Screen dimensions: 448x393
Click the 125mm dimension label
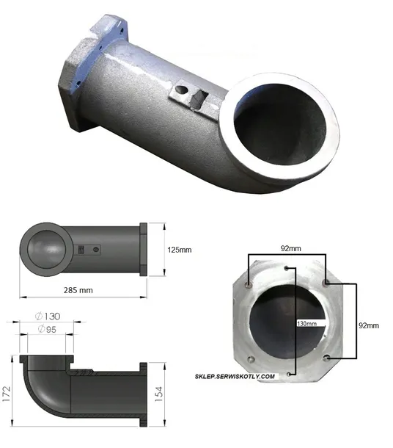pyautogui.click(x=180, y=250)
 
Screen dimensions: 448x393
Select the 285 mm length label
pyautogui.click(x=78, y=290)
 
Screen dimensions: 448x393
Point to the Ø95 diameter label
pyautogui.click(x=48, y=329)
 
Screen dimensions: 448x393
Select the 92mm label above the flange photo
pyautogui.click(x=290, y=248)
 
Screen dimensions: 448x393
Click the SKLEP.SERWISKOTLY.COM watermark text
pyautogui.click(x=235, y=376)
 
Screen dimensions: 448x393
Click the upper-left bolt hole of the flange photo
pyautogui.click(x=251, y=283)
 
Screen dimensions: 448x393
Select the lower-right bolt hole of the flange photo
pyautogui.click(x=326, y=358)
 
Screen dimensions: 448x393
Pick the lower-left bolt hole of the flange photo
pyautogui.click(x=251, y=358)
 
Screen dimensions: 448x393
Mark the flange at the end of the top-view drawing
pyautogui.click(x=144, y=249)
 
